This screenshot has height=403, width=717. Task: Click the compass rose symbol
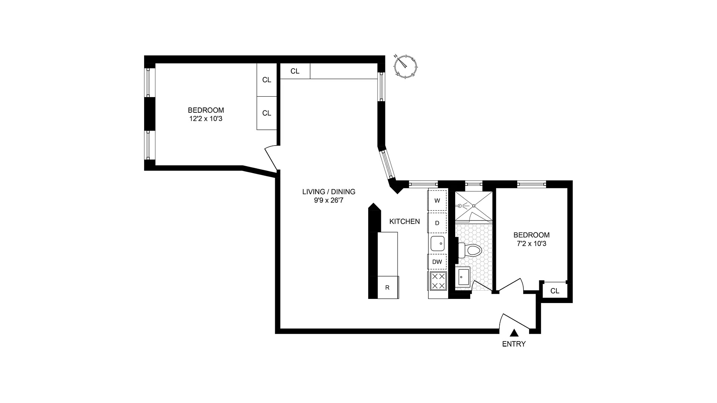(x=406, y=66)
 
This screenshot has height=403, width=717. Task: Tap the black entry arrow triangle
(x=514, y=333)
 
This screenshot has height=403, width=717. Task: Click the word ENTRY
(x=514, y=344)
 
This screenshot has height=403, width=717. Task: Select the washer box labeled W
(x=437, y=200)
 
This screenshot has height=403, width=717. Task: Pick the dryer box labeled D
(x=437, y=223)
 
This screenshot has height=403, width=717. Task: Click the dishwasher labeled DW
(x=437, y=262)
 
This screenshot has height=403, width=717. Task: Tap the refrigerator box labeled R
(x=388, y=287)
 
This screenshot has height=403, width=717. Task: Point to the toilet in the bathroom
(x=471, y=250)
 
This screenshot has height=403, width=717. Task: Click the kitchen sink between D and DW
(x=437, y=243)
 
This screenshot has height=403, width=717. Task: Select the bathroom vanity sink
(x=463, y=277)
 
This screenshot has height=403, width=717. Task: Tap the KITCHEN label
(x=404, y=221)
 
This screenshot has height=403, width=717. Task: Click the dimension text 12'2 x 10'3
(x=206, y=119)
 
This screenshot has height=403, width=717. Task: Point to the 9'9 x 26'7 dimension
(x=329, y=200)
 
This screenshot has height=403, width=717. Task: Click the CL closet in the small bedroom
(x=555, y=291)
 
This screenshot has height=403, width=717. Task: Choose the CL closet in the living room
(x=295, y=71)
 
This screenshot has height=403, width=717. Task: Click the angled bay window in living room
(x=386, y=164)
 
